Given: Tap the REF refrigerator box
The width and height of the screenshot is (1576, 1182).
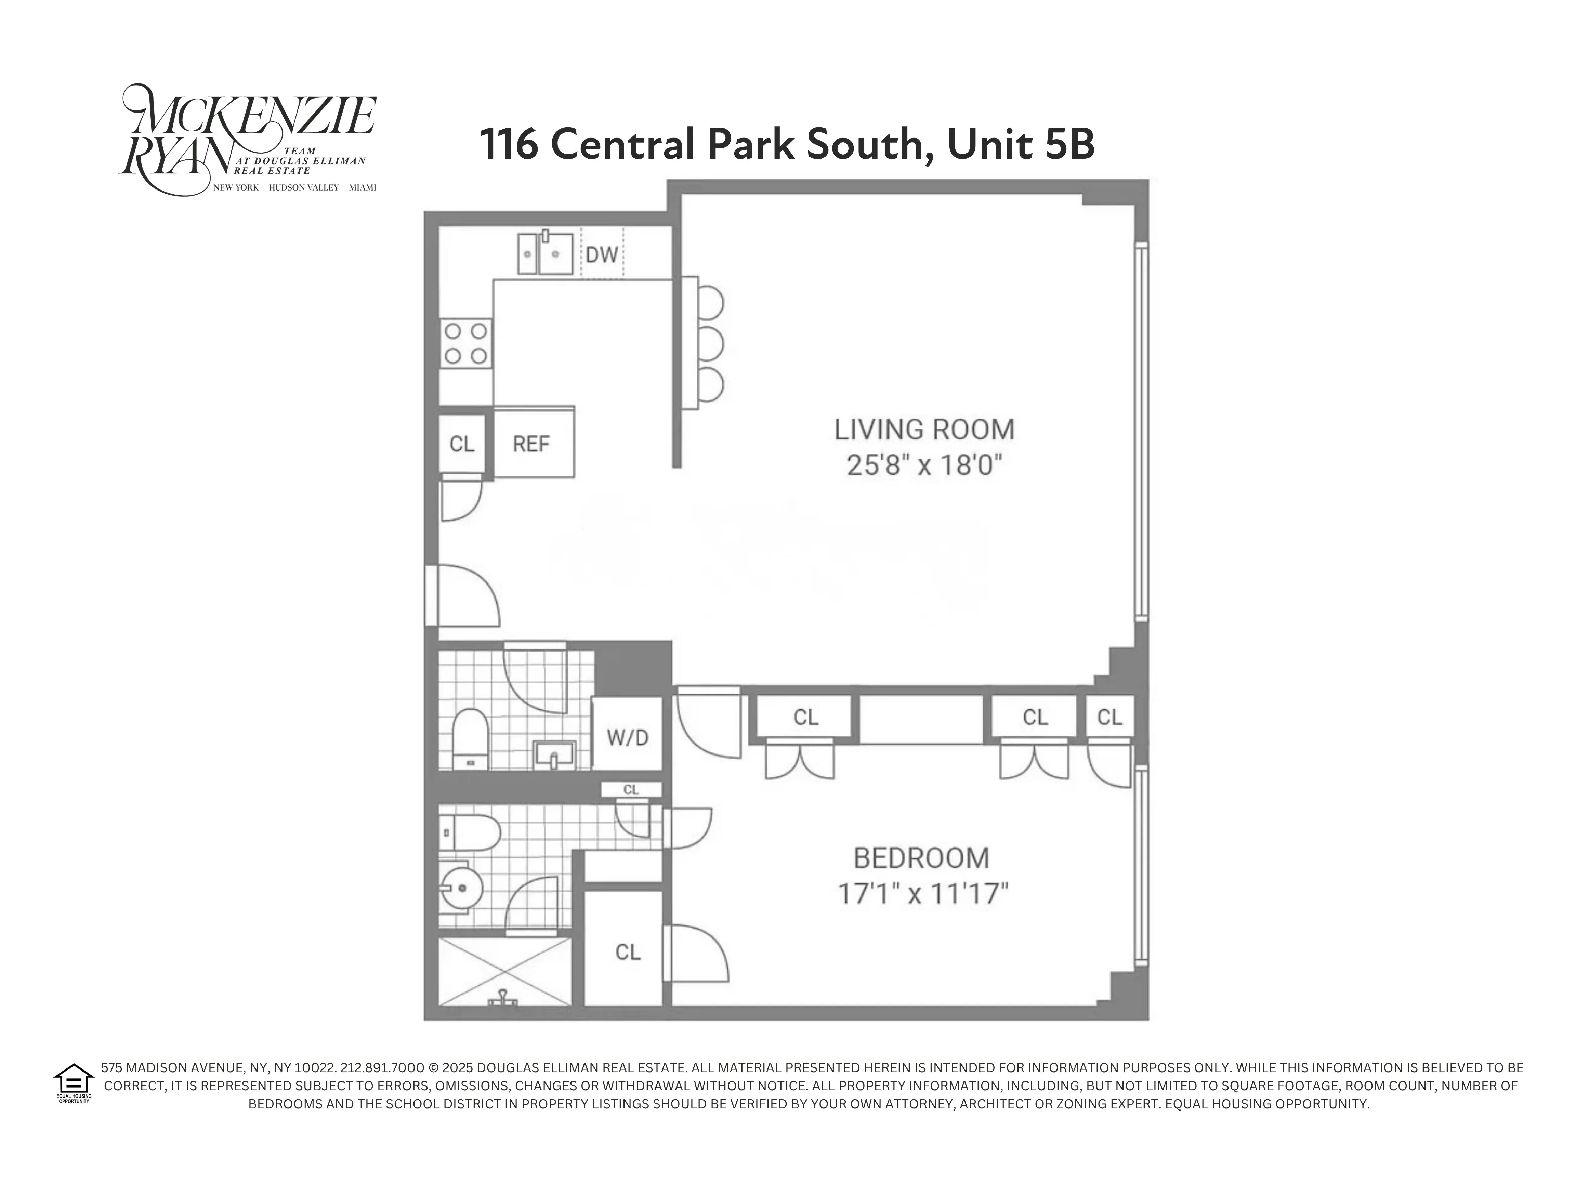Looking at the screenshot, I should (531, 444).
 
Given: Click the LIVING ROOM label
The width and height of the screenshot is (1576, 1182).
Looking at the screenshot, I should (924, 430).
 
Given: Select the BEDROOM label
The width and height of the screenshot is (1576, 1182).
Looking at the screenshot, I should (921, 858).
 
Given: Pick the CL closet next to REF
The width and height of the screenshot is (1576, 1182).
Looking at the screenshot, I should (462, 444).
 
